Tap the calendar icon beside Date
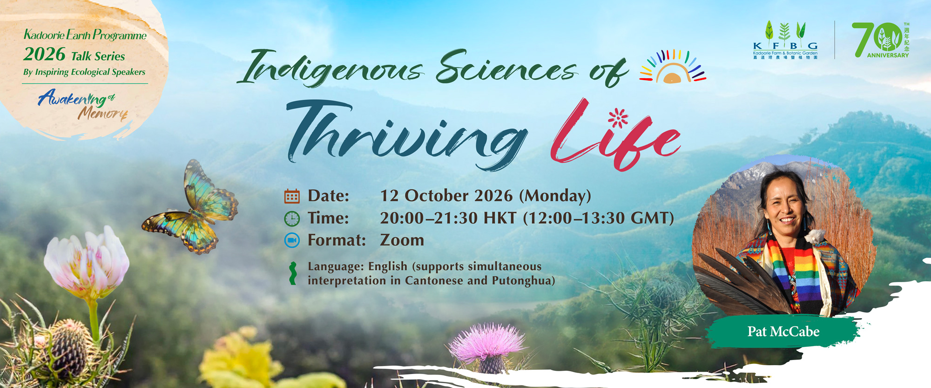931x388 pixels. point(292,197)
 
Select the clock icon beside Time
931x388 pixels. point(292,219)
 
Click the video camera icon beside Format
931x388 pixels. point(292,240)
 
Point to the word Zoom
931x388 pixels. point(402,240)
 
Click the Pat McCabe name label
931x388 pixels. point(783,332)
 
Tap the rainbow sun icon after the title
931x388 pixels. point(673,67)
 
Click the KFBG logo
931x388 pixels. point(785,41)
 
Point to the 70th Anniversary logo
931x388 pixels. point(881,40)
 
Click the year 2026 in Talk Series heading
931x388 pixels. point(44,54)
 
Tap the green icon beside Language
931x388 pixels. point(292,273)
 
